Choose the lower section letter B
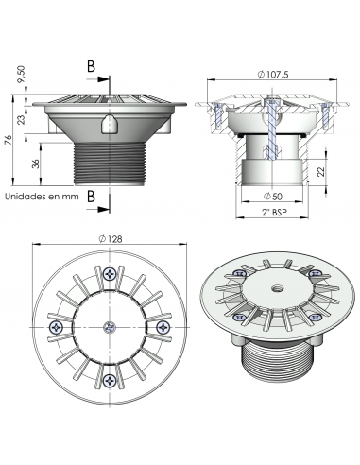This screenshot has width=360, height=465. pos(92,195)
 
